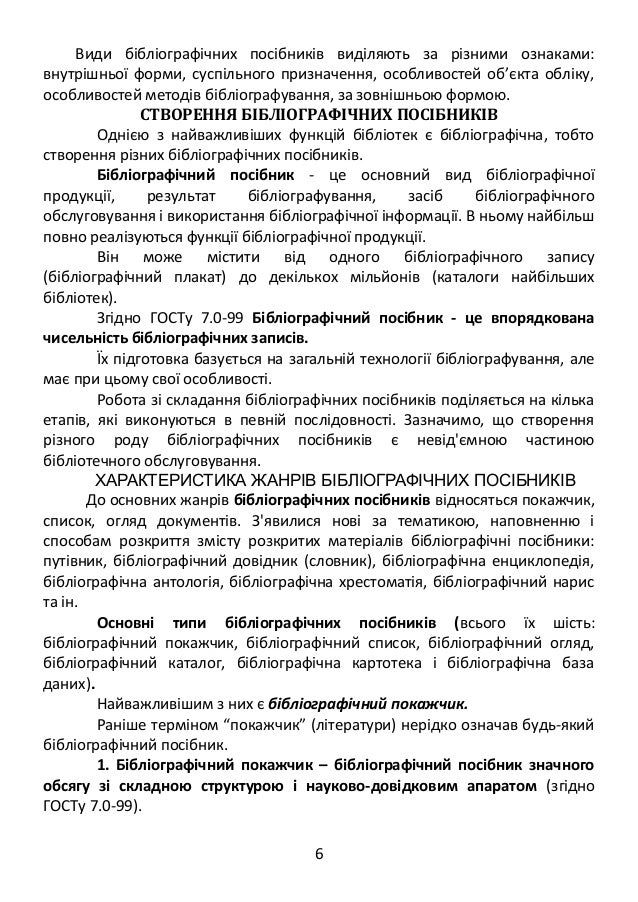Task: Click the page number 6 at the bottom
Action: click(319, 853)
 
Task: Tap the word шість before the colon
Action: click(573, 625)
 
